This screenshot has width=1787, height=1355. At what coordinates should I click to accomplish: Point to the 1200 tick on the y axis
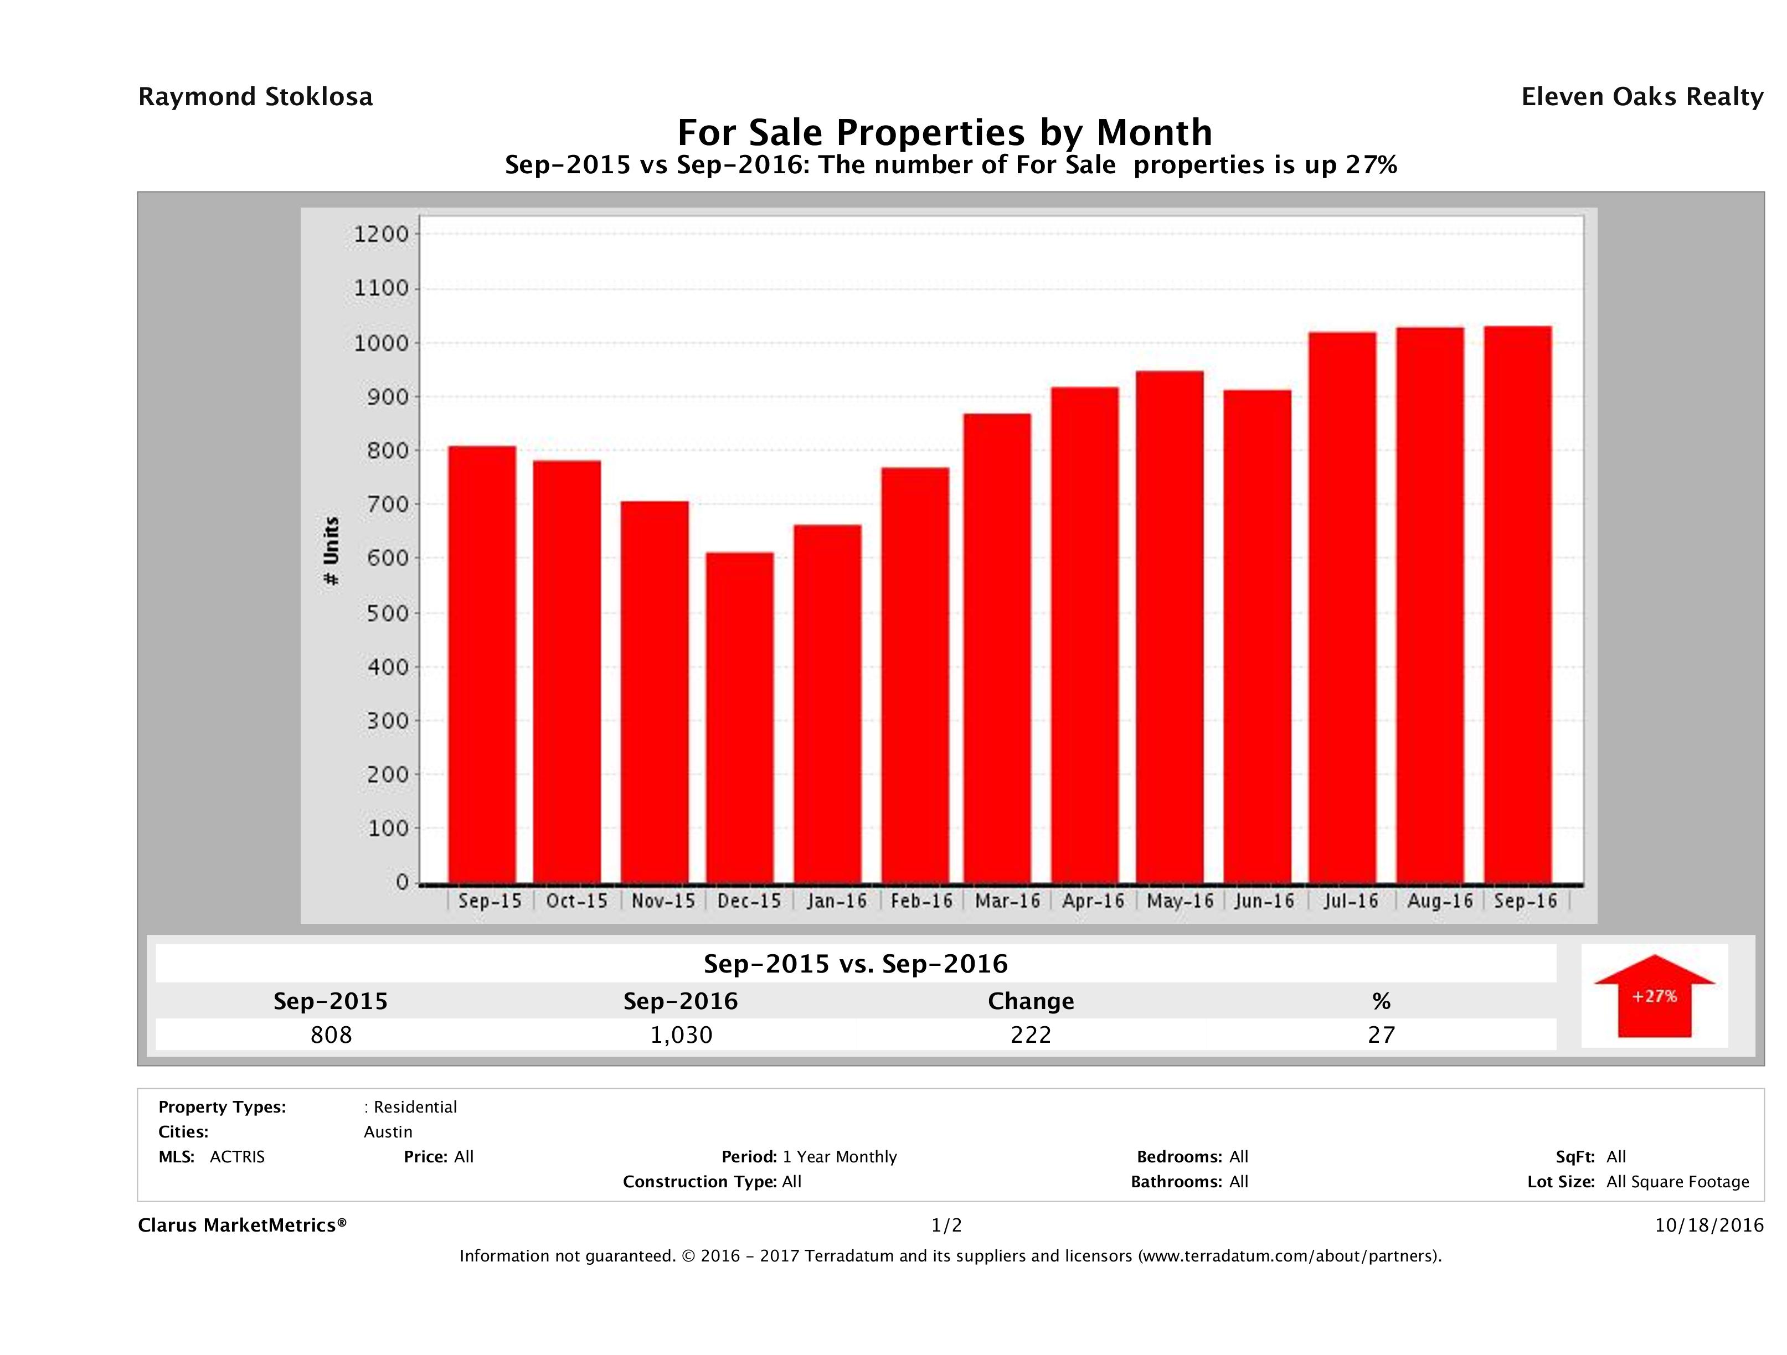point(382,235)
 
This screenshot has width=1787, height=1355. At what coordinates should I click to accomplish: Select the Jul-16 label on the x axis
point(1350,901)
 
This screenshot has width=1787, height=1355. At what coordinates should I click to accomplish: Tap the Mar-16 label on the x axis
point(1007,901)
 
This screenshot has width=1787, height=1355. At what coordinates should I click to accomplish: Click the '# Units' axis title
point(331,551)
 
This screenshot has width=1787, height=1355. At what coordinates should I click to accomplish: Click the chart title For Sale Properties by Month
point(944,132)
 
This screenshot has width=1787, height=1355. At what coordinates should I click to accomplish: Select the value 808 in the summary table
point(331,1035)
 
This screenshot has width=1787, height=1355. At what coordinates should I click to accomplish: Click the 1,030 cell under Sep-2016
point(681,1035)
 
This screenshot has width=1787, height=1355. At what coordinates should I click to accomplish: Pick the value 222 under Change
point(1031,1035)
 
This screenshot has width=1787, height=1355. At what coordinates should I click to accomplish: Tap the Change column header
point(1031,1001)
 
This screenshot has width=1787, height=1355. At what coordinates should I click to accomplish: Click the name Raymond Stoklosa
point(255,97)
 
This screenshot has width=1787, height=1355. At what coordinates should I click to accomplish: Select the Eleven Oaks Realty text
point(1641,97)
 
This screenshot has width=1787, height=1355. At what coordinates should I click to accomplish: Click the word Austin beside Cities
point(388,1131)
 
